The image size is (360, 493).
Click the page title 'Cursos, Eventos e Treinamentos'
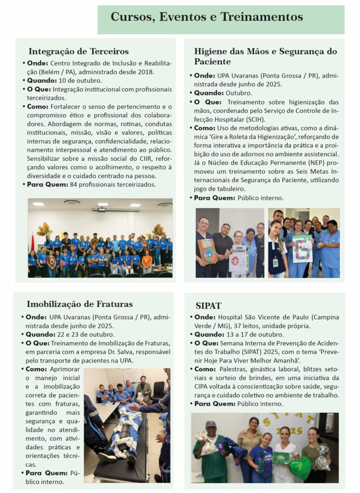point(207,17)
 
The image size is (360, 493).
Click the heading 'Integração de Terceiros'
point(79,51)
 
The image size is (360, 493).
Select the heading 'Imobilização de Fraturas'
point(80,304)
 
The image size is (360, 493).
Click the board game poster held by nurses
point(302,247)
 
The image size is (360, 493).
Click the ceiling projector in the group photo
point(102,209)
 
